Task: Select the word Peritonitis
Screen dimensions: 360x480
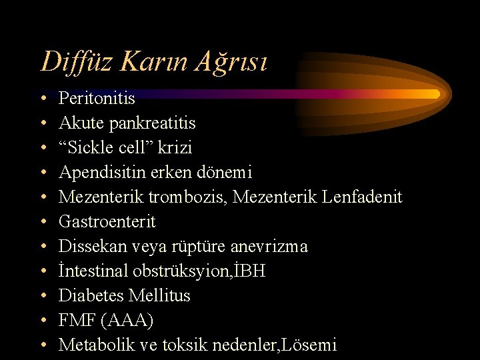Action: (x=97, y=99)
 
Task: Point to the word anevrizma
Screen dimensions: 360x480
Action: (x=269, y=246)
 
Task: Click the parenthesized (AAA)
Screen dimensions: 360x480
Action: (x=128, y=320)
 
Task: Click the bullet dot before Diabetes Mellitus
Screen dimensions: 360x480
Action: (x=43, y=296)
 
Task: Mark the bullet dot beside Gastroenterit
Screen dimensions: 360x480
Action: (x=43, y=222)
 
